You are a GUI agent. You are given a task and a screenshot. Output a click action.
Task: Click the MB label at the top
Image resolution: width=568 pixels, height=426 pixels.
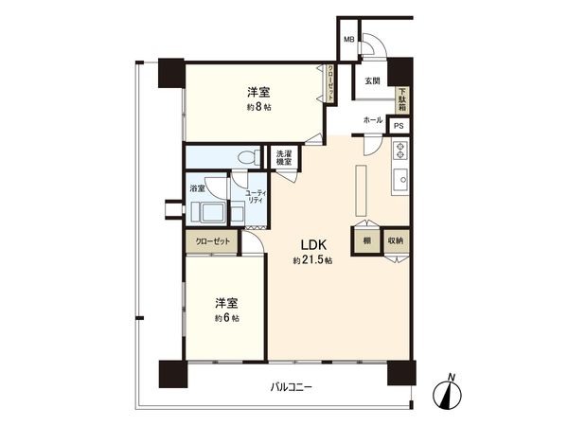coord(348,40)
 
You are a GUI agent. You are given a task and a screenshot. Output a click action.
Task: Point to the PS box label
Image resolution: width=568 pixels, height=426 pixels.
coord(399,126)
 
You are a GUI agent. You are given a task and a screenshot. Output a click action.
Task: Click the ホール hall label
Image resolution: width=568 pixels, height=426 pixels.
coord(372,121)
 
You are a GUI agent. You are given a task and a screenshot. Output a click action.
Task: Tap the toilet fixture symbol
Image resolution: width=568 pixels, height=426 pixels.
coord(249,157)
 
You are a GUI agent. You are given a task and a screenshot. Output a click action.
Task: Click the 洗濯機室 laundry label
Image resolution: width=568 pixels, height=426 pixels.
coord(284,158)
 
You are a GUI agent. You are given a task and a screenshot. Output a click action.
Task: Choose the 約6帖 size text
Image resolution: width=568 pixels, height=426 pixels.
coord(226,318)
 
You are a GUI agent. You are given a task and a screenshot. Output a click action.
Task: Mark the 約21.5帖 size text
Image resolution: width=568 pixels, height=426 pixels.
coord(311,260)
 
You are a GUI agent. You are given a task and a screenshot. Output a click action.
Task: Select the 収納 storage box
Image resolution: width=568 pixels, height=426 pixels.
coord(396,240)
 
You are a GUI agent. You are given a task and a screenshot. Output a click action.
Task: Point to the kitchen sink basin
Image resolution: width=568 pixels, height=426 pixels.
coord(399,178)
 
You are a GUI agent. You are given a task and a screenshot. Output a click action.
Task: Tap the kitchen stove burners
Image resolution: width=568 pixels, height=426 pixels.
coord(399,150)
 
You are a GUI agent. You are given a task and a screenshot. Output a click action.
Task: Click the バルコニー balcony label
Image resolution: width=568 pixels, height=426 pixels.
coord(292,387)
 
